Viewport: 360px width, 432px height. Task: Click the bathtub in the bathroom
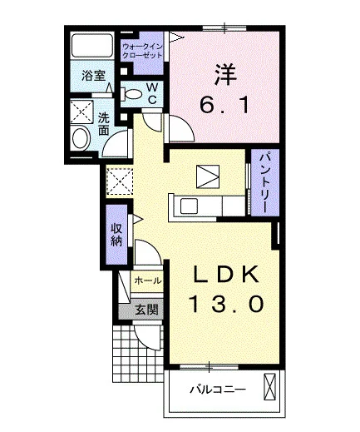pos(92,46)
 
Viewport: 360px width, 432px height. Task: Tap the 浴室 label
pos(94,76)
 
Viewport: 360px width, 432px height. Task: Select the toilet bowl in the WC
pos(132,94)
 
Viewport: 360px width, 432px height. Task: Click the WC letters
pos(152,94)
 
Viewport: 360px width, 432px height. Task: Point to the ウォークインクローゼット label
pos(142,51)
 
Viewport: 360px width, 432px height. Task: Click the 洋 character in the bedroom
pos(225,75)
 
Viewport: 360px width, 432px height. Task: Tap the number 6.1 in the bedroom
pos(224,106)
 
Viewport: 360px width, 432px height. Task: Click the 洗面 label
pos(104,125)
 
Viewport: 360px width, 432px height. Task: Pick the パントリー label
pos(264,182)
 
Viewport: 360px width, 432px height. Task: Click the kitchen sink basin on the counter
pos(189,206)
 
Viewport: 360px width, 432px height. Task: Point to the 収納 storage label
pos(116,235)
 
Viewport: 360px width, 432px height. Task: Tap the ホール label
pos(148,281)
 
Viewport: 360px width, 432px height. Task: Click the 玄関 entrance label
pos(147,310)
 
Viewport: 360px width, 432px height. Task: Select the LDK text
pos(225,274)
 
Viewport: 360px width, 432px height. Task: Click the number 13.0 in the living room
pos(226,304)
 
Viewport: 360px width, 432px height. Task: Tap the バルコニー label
pos(218,390)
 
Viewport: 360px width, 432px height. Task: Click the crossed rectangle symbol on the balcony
pos(270,387)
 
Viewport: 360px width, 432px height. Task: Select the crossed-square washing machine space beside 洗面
pos(81,112)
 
